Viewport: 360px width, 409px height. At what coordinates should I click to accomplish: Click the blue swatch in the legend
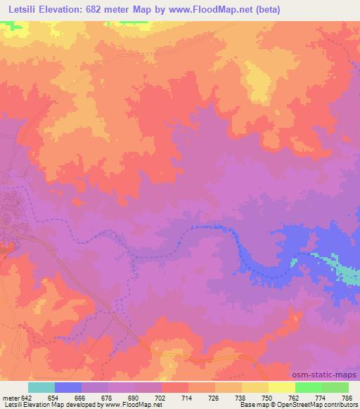point(68,387)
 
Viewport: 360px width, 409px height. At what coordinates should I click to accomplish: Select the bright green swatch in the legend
point(308,387)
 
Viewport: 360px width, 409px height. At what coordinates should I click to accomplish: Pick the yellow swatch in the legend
point(281,387)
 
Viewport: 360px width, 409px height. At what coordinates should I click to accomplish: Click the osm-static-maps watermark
point(329,375)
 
